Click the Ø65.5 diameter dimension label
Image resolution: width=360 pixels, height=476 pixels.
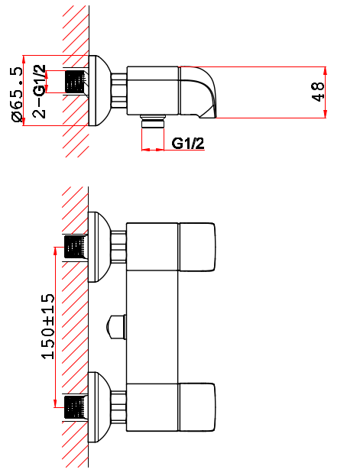click(17, 95)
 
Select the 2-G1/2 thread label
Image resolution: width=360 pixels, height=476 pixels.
click(39, 91)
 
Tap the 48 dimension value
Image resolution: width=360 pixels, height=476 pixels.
click(318, 92)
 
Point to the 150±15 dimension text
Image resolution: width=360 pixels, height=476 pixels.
click(48, 326)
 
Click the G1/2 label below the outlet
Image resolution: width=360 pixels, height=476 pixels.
click(188, 144)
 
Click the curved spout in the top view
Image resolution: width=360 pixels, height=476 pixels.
click(198, 92)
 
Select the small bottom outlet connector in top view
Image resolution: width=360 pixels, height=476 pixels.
click(153, 121)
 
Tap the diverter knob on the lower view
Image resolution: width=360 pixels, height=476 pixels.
click(116, 327)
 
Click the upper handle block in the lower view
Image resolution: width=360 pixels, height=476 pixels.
click(197, 247)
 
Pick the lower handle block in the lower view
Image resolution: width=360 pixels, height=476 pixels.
click(197, 407)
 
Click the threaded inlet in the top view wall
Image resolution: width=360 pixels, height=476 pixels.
click(75, 82)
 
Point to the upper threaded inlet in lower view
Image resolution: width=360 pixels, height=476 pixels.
click(74, 248)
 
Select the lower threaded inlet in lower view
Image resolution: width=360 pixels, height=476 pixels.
click(74, 407)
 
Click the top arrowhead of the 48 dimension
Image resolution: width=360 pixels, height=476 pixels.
click(326, 71)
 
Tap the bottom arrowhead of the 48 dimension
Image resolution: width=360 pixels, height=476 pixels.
click(326, 113)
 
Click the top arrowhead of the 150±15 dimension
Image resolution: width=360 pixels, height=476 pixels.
click(55, 251)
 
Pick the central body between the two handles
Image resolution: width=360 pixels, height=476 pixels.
click(152, 327)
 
